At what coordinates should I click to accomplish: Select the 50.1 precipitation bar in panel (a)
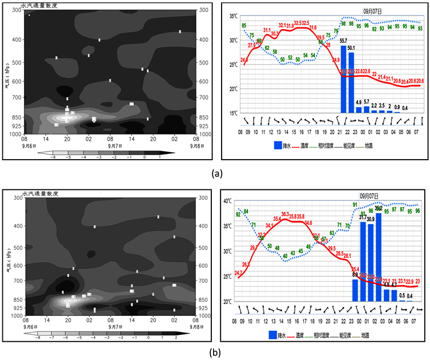pyautogui.click(x=352, y=82)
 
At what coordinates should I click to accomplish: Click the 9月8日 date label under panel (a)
pyautogui.click(x=189, y=144)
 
